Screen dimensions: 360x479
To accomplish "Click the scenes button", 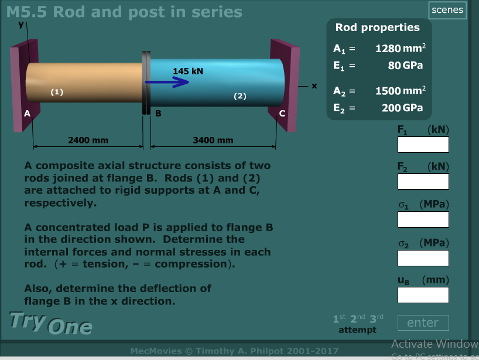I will (447, 10).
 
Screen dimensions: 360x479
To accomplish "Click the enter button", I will (423, 323).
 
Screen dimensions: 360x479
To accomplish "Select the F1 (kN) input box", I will (423, 145).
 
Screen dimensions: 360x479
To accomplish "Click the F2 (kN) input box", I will (423, 181).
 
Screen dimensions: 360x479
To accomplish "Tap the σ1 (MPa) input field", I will (423, 220).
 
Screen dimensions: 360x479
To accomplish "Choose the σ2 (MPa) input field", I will (423, 258).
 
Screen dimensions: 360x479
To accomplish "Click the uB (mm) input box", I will (423, 294).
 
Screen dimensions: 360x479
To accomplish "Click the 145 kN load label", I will (188, 71).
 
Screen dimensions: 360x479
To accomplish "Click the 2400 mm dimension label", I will (88, 140).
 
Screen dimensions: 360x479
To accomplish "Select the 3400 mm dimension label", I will (213, 140).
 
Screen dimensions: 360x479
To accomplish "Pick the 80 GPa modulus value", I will (405, 65).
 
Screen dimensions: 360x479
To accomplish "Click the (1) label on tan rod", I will (57, 91).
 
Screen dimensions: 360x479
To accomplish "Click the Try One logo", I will (51, 323).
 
